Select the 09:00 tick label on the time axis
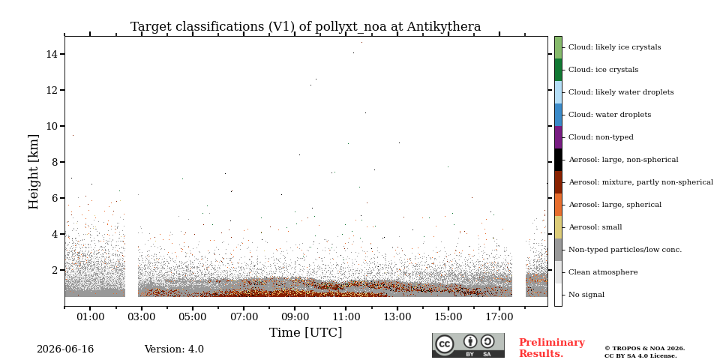click(x=295, y=316)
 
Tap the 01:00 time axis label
click(x=90, y=316)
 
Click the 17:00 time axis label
click(x=499, y=316)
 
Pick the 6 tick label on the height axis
click(x=54, y=198)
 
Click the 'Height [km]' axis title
click(x=34, y=172)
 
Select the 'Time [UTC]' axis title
click(x=306, y=332)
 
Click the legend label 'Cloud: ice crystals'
click(x=603, y=70)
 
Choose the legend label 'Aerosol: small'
click(x=595, y=227)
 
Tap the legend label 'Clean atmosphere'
click(x=603, y=272)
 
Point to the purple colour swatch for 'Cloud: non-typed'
click(x=558, y=137)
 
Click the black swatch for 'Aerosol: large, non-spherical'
click(x=558, y=160)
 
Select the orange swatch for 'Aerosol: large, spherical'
click(x=558, y=205)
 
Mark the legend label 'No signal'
click(x=586, y=295)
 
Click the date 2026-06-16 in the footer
click(x=65, y=349)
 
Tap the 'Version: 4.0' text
click(x=174, y=349)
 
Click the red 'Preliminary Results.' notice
click(x=552, y=348)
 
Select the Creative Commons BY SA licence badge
click(x=468, y=345)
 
